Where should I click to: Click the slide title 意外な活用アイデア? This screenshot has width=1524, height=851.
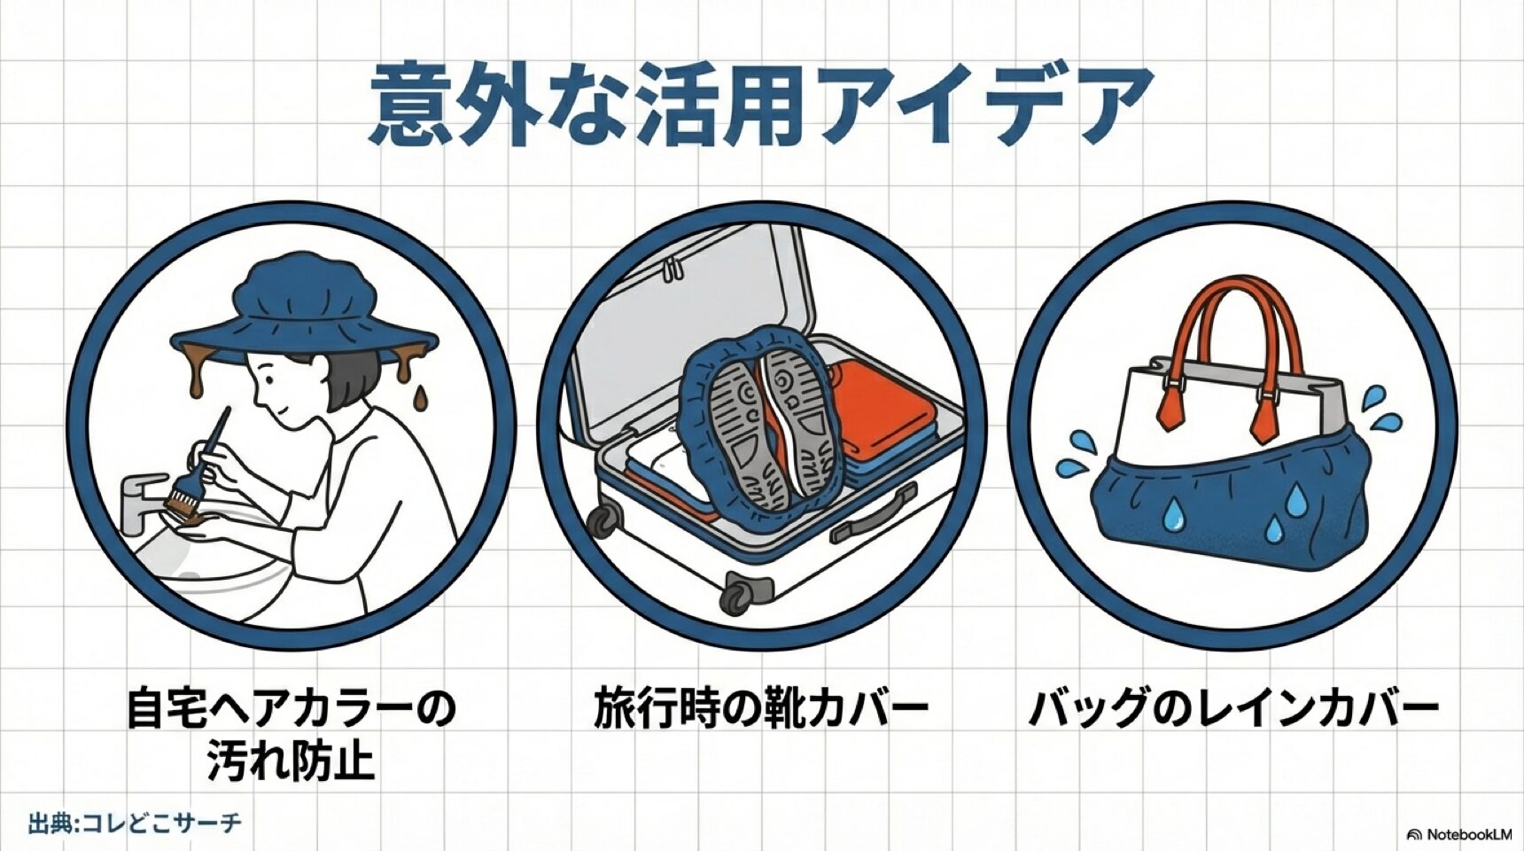pyautogui.click(x=760, y=105)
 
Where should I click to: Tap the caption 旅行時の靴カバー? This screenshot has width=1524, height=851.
pyautogui.click(x=760, y=710)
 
